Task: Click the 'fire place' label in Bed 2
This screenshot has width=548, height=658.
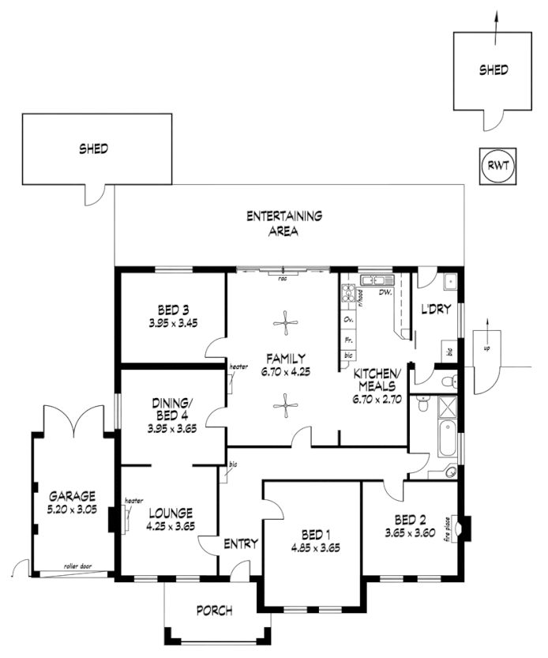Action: click(x=457, y=527)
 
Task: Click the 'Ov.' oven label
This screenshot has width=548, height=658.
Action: click(x=347, y=319)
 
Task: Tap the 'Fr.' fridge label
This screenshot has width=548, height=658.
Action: click(x=347, y=338)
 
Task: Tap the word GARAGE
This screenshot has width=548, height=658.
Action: click(x=72, y=496)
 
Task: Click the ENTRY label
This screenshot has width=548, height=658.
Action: click(x=241, y=543)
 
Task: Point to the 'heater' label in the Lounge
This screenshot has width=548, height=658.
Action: click(x=133, y=500)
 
